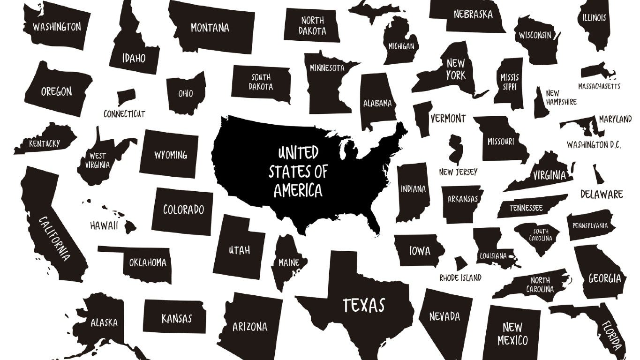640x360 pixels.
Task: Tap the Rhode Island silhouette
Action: (460, 263)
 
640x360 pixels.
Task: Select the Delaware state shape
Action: (598, 175)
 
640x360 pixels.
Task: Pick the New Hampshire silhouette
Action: (541, 104)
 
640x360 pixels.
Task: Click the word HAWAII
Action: (104, 225)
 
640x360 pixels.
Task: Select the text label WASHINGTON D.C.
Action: (594, 145)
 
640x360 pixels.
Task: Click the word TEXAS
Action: (363, 305)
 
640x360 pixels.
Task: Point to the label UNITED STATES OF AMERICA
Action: (298, 172)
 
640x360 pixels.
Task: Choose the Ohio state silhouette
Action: (186, 93)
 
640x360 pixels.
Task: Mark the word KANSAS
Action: (177, 319)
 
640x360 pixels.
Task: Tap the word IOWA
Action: (420, 251)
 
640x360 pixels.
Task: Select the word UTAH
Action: (239, 250)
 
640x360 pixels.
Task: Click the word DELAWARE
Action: (602, 194)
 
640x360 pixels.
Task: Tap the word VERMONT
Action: (448, 119)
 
